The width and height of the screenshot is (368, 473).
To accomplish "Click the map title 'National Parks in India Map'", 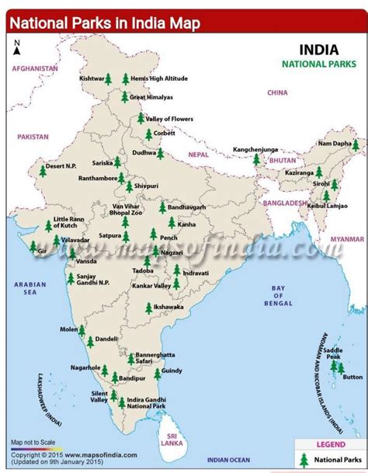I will point(105,23).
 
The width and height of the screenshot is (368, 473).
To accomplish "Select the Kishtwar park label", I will point(92,78).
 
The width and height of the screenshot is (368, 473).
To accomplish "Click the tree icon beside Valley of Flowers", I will point(141,118).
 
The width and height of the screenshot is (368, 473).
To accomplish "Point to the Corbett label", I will point(165,133).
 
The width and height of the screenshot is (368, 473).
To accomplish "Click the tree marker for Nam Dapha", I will point(356,145).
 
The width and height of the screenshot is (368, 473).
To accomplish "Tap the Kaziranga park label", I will point(299,172).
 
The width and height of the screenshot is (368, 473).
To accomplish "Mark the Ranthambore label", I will point(97,177).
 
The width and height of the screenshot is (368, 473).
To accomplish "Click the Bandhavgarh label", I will point(187,207).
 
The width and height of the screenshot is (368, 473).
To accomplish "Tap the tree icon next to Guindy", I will point(158,374).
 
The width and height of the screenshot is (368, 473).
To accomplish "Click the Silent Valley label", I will point(99,396).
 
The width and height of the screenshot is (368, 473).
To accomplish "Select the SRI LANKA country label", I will point(172,439).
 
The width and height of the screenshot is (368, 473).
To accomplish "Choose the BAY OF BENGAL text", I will point(279,294).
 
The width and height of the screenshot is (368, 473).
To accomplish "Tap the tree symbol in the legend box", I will point(304,460).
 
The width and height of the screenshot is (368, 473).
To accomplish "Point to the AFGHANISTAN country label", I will point(33,68).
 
